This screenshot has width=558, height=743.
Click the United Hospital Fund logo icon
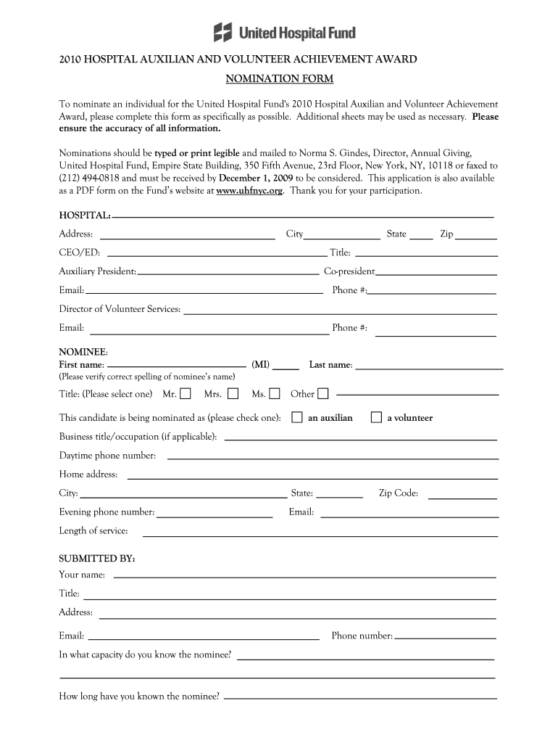(x=222, y=32)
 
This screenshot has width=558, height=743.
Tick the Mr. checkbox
(x=186, y=394)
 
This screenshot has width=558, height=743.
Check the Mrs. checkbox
(x=233, y=394)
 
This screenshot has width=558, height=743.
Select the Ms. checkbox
(x=275, y=394)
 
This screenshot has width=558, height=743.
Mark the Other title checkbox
(x=322, y=394)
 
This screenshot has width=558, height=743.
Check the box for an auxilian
(x=297, y=417)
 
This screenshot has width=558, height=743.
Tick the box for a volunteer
(x=376, y=417)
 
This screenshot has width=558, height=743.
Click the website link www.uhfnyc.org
(x=250, y=191)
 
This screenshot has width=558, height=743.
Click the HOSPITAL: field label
(x=85, y=215)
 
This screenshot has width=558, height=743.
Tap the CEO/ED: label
(x=80, y=253)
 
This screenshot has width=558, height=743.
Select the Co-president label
(x=349, y=271)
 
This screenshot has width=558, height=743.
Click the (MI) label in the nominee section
(x=261, y=364)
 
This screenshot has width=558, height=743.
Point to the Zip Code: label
(x=399, y=493)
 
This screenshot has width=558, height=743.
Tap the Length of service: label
(x=93, y=531)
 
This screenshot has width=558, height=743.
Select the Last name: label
(x=330, y=364)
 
